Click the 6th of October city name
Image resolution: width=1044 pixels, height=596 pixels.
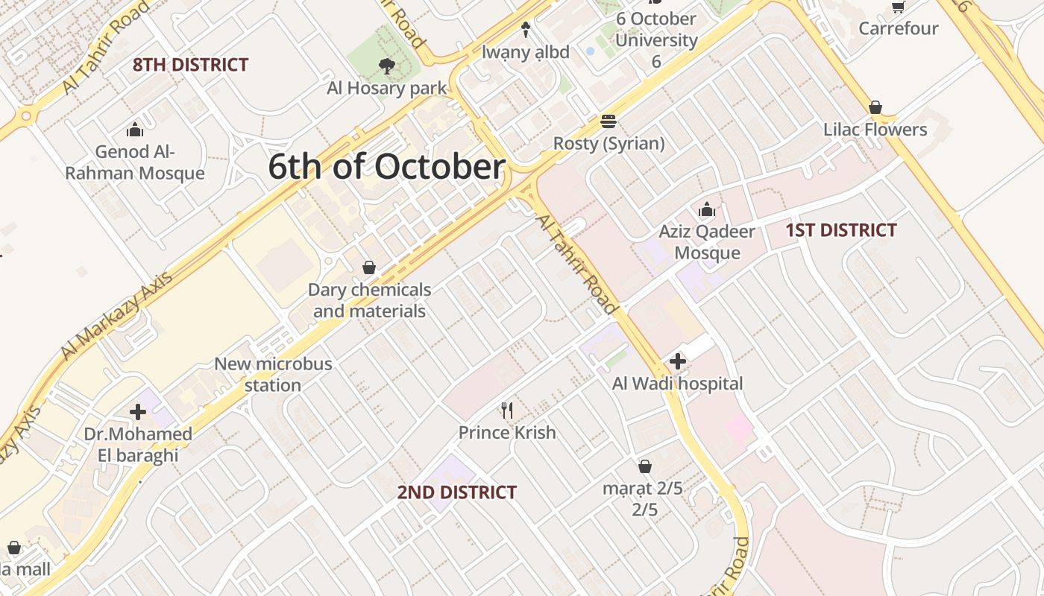386,167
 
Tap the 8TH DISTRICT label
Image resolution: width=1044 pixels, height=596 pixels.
190,65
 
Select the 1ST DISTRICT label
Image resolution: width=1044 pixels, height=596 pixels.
840,230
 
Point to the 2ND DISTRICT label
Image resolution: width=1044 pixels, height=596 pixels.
456,492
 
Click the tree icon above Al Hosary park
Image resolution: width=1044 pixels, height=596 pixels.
386,66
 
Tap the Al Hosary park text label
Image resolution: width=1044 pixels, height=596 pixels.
386,88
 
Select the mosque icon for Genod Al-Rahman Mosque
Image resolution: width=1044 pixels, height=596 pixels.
135,130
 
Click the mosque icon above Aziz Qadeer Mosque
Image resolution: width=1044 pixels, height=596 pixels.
707,210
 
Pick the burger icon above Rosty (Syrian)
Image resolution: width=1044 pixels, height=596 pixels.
609,121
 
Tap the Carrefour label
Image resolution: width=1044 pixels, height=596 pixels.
898,28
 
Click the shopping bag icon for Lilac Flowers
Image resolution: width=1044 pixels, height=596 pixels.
875,107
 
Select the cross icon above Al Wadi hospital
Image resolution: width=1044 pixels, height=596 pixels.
677,362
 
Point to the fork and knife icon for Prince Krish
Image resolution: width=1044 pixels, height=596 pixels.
507,410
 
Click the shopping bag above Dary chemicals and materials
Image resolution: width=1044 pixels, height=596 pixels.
369,267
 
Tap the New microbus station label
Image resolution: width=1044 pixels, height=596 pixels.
273,375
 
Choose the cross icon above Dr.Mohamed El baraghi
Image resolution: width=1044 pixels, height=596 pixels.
138,412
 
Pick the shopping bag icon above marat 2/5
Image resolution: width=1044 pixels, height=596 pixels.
645,467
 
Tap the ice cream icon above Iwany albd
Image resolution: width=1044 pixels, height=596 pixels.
526,30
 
